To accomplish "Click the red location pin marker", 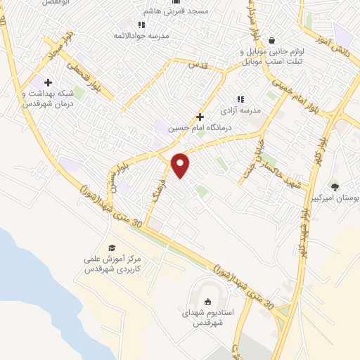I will click(x=181, y=165).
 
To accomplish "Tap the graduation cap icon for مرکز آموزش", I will click(x=111, y=247).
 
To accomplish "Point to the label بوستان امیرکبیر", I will click(x=335, y=199).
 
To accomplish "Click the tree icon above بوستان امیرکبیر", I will click(x=335, y=187).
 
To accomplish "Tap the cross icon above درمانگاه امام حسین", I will click(x=200, y=117).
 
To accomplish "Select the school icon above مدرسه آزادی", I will click(x=240, y=100).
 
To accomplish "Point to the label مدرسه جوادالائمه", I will click(x=167, y=36).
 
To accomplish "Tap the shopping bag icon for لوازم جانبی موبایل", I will click(x=271, y=40).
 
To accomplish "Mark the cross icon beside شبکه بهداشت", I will click(x=47, y=83).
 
